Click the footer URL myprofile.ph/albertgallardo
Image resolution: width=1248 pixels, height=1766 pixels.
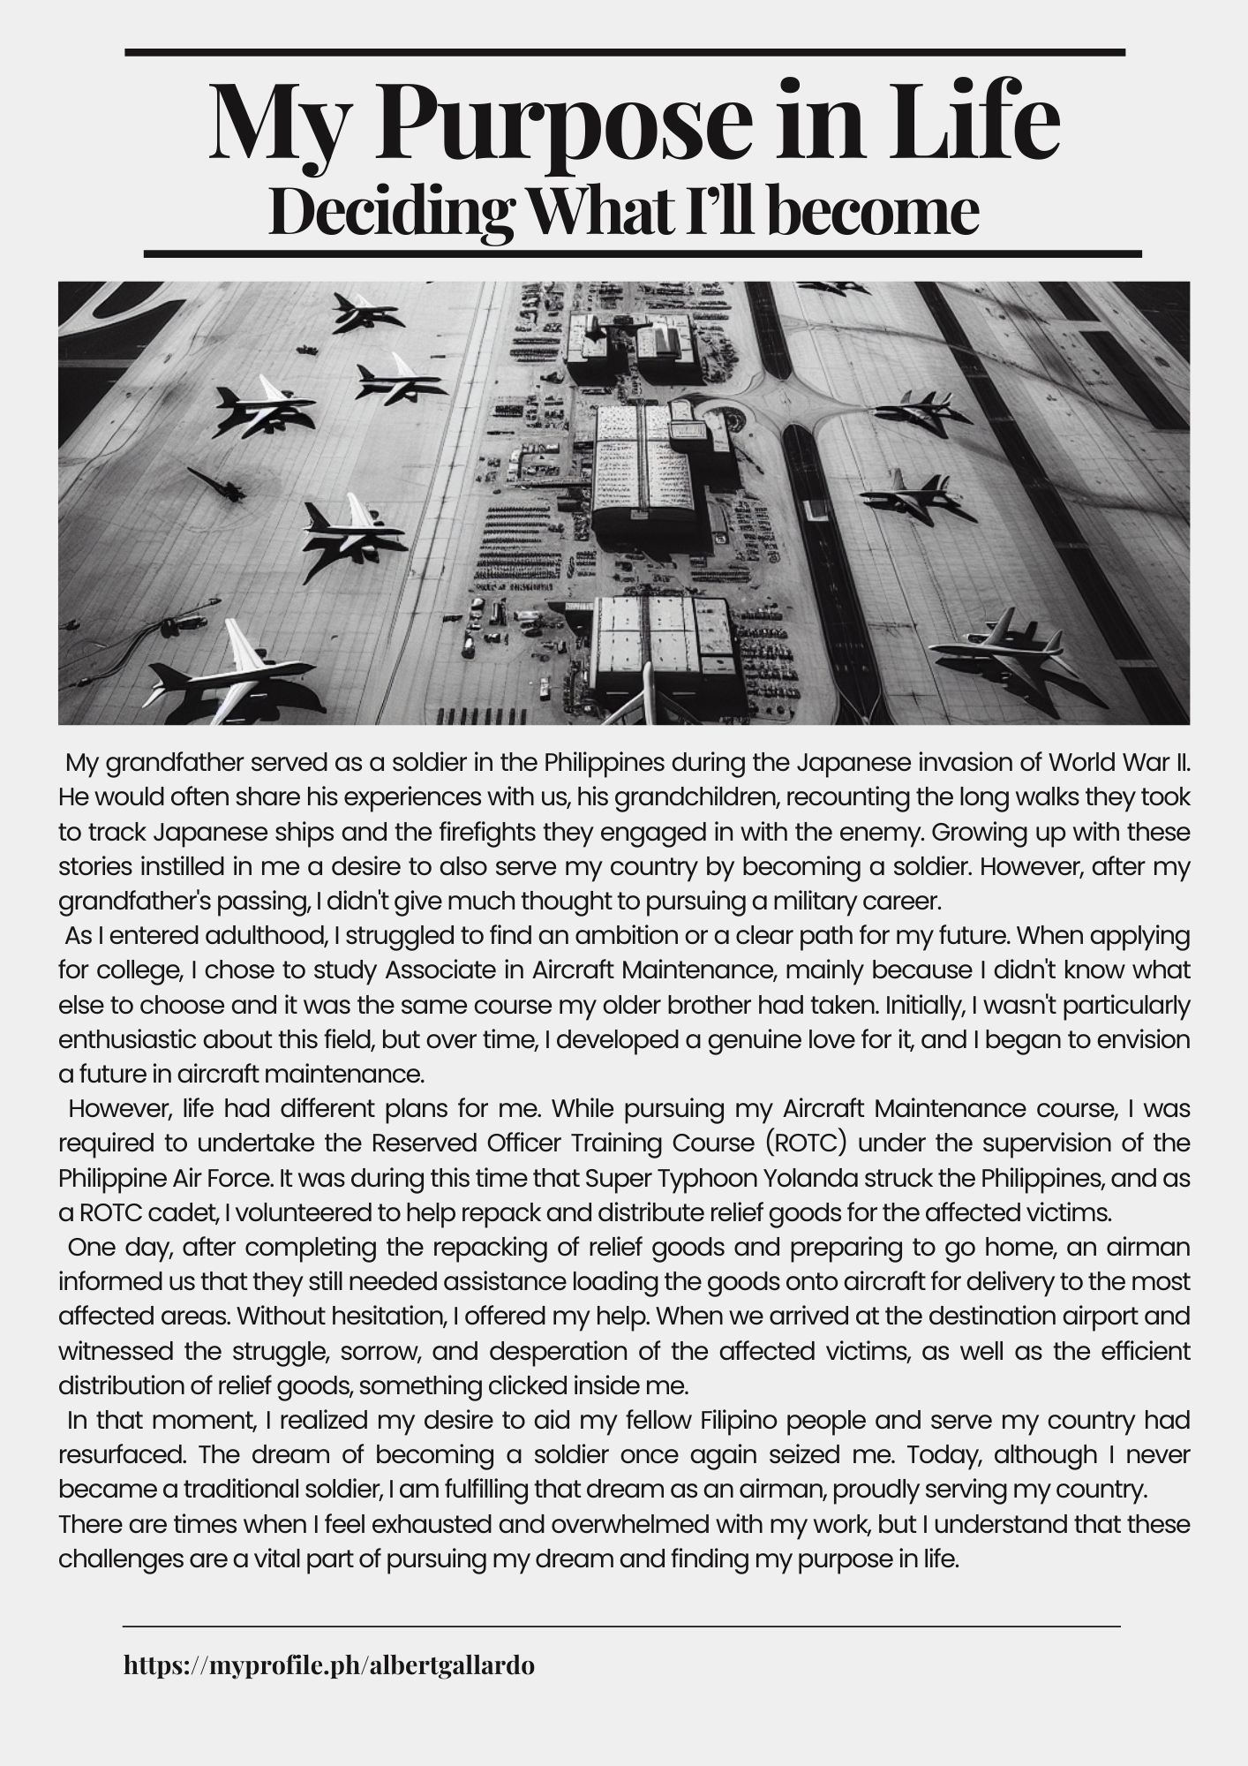328,1665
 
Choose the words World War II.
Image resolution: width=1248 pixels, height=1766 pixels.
1120,761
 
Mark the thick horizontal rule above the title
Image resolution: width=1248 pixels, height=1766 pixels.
624,53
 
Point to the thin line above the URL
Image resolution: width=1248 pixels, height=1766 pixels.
620,1626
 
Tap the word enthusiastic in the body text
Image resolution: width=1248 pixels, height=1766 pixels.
135,1039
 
